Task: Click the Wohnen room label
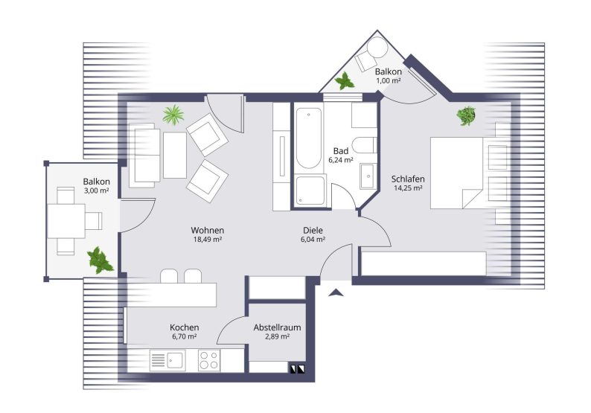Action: [x=208, y=230]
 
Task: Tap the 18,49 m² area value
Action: [x=208, y=240]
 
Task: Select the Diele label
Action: [x=313, y=230]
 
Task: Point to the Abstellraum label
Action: [x=277, y=327]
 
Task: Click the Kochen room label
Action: [x=185, y=327]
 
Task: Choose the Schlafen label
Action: [x=408, y=179]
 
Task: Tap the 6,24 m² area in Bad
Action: [x=341, y=160]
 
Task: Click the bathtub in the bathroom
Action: [x=309, y=138]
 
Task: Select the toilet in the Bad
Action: [x=363, y=145]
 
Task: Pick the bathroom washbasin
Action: [x=367, y=176]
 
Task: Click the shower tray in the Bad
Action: [x=310, y=191]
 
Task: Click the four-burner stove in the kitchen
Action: [x=209, y=360]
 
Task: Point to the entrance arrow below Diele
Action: [x=336, y=292]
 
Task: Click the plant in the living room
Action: [x=173, y=115]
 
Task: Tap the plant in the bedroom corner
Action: [x=466, y=115]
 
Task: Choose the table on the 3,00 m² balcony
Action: [x=66, y=221]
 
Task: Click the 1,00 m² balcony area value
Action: [x=389, y=80]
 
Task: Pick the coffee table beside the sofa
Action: [x=175, y=156]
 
